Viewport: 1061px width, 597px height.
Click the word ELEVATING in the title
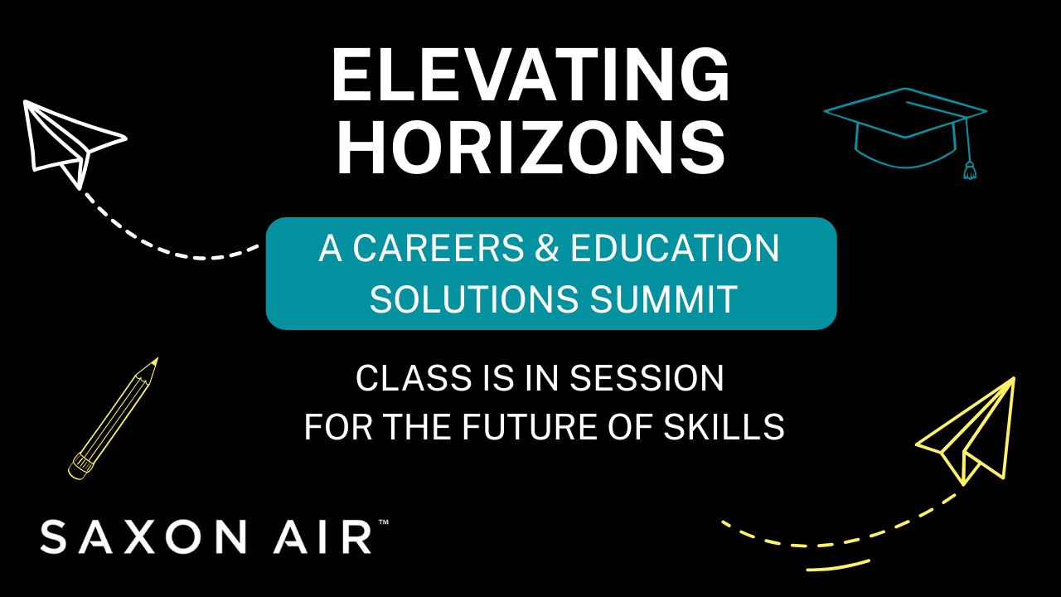(x=530, y=76)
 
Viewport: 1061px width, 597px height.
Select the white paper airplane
(x=70, y=141)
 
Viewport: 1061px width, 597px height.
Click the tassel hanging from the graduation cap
(x=969, y=170)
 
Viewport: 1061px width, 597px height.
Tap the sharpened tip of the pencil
(x=153, y=362)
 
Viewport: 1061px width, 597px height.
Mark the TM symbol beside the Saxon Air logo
(x=383, y=522)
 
